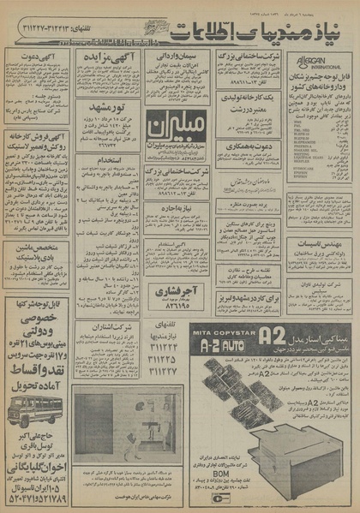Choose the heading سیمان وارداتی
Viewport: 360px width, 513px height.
171,57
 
